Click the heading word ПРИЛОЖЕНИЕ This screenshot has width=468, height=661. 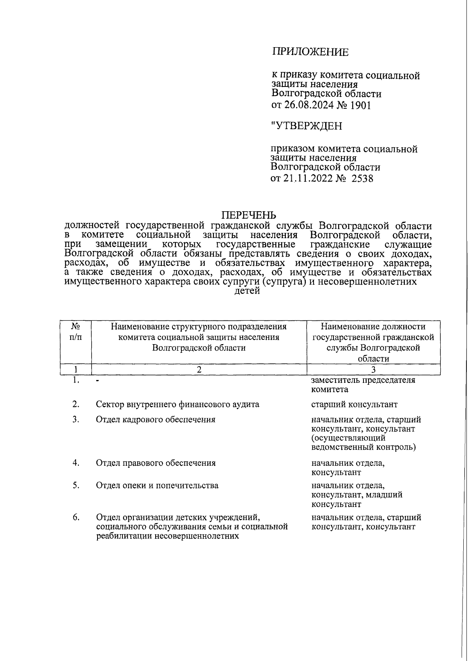(310, 52)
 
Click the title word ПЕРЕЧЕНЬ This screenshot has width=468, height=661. (249, 215)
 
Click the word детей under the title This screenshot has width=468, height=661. (247, 291)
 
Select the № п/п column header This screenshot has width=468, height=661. (76, 332)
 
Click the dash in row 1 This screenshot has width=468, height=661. (98, 381)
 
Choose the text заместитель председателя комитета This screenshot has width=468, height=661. (363, 385)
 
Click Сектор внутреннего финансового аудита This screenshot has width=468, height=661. (177, 404)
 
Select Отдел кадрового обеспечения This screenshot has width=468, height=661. (156, 419)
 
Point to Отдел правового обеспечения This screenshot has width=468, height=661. (156, 463)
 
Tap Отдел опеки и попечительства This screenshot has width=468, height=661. (157, 485)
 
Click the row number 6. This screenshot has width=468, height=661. (76, 517)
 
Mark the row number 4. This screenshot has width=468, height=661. (76, 463)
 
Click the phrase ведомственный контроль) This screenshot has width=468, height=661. (363, 447)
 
